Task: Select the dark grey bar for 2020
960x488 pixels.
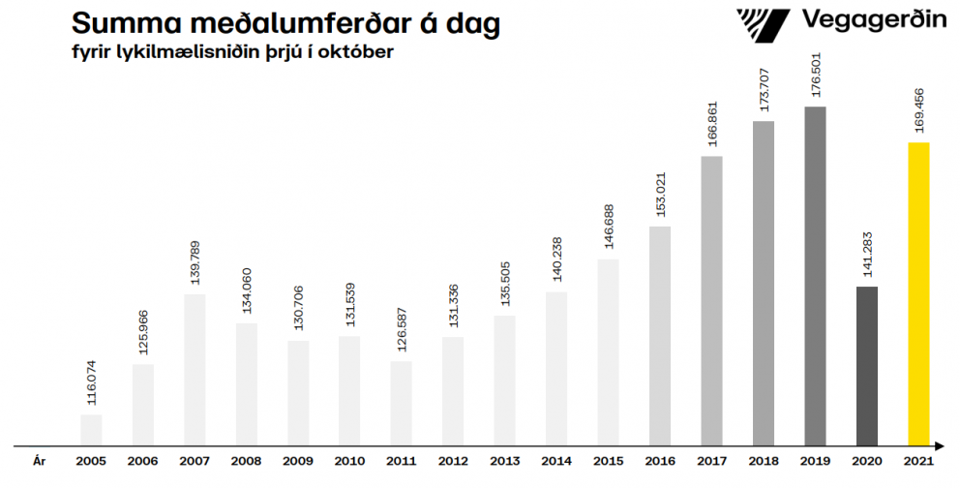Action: (866, 365)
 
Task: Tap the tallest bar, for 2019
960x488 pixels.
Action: (815, 275)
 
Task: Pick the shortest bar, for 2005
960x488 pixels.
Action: (91, 429)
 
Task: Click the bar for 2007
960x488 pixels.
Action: (195, 369)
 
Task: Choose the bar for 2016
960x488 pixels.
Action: (660, 335)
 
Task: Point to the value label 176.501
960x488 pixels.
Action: (815, 76)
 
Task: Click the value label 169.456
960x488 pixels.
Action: (918, 111)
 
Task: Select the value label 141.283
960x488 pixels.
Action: (866, 255)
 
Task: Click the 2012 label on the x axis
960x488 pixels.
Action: (453, 461)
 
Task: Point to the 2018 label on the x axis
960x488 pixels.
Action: (764, 461)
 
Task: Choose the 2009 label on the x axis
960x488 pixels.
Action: (298, 461)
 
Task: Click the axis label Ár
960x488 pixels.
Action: (40, 461)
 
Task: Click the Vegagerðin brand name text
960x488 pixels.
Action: (874, 20)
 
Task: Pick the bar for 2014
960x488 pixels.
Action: (556, 368)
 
